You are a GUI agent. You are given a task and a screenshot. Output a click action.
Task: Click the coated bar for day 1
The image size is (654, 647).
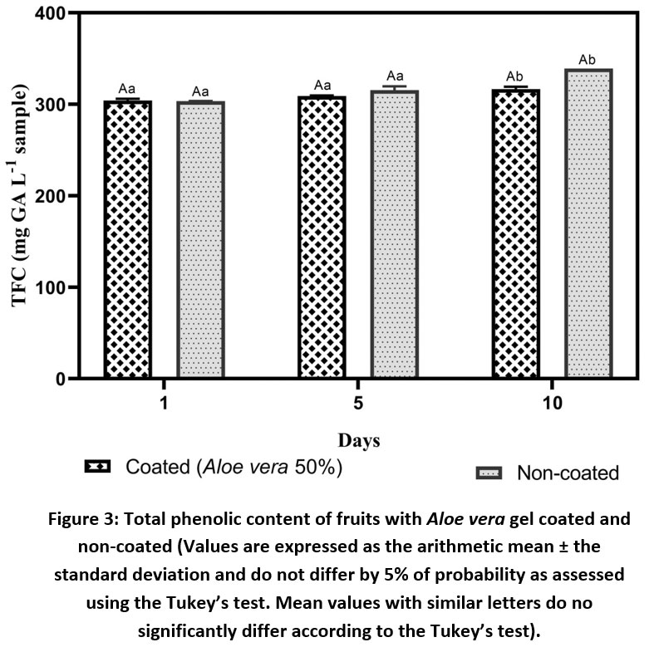(x=128, y=239)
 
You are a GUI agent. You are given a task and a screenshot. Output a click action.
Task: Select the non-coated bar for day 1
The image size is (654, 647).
(x=200, y=240)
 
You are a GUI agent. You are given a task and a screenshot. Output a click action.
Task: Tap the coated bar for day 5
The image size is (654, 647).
(x=322, y=238)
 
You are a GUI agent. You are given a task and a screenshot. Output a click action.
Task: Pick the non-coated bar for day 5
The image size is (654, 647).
(x=395, y=234)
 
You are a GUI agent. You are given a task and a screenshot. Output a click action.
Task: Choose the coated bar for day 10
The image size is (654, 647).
(x=516, y=234)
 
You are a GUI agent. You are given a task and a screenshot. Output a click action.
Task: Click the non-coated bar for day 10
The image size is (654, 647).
(x=588, y=223)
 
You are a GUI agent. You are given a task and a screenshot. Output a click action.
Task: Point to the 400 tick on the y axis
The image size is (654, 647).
(x=51, y=13)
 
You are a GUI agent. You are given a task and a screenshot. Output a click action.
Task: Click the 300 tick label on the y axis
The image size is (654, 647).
(x=51, y=104)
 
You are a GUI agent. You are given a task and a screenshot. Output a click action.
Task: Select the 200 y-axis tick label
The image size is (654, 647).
(x=51, y=196)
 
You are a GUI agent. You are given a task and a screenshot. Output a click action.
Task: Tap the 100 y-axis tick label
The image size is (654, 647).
(x=51, y=287)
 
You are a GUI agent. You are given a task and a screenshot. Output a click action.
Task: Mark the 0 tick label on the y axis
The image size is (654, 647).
(x=61, y=379)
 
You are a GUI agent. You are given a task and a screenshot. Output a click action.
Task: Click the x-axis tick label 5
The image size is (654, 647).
(x=358, y=403)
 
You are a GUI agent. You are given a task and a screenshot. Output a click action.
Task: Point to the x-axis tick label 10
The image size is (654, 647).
(x=553, y=403)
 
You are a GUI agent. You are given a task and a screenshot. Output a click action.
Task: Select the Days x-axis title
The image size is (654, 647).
(x=359, y=441)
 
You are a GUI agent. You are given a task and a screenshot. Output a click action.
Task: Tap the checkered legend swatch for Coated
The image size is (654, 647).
(x=97, y=466)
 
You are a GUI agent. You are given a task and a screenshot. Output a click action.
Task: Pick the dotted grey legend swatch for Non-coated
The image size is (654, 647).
(x=489, y=473)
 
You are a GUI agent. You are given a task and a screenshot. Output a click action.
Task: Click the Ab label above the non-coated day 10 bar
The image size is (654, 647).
(x=587, y=60)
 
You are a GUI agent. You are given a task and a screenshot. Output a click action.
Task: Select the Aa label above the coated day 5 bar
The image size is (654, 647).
(x=322, y=86)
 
